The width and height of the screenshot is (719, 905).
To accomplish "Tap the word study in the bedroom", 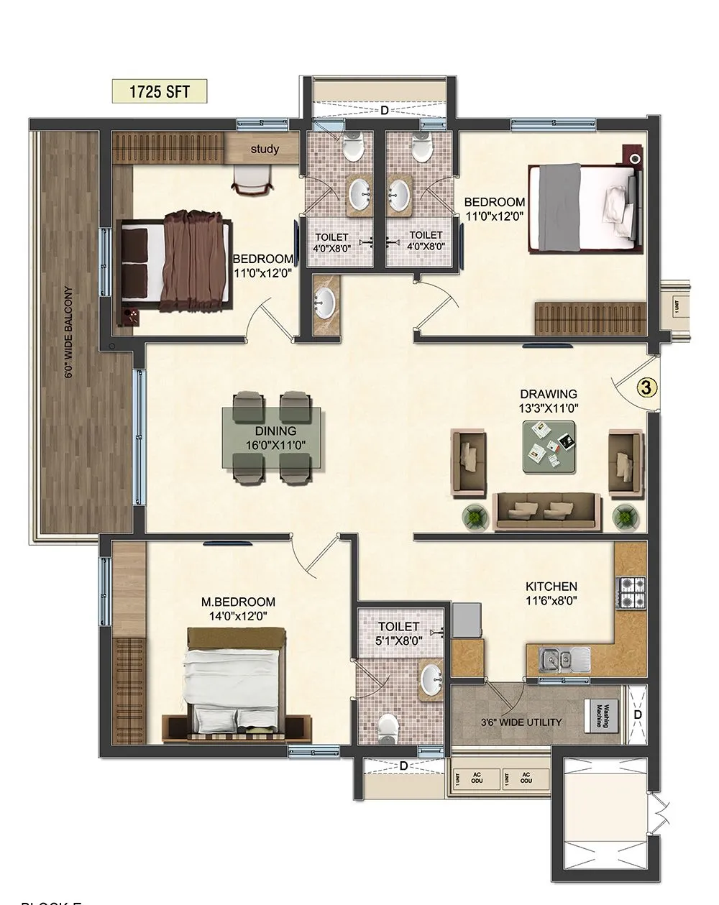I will pyautogui.click(x=265, y=150).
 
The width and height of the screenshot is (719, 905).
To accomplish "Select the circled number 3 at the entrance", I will pyautogui.click(x=647, y=387).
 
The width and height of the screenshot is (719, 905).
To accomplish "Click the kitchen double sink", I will pyautogui.click(x=563, y=657).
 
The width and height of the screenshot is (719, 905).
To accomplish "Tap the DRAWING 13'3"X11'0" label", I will pyautogui.click(x=549, y=400).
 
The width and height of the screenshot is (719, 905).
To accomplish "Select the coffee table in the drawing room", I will pyautogui.click(x=548, y=445).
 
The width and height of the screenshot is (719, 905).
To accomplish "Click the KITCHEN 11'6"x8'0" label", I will pyautogui.click(x=551, y=592).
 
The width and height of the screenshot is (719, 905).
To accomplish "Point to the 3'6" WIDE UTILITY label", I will pyautogui.click(x=521, y=722).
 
